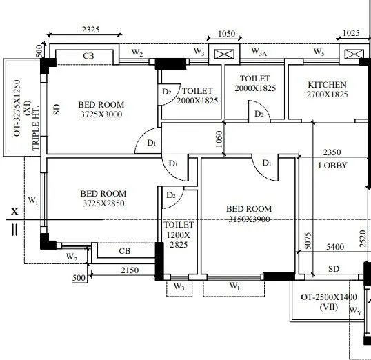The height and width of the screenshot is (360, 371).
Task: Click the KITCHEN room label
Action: [327, 85]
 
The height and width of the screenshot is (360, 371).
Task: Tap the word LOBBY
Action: [332, 166]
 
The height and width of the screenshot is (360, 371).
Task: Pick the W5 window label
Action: [319, 52]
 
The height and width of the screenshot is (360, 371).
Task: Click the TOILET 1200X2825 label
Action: [179, 235]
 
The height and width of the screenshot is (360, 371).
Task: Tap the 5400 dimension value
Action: [334, 246]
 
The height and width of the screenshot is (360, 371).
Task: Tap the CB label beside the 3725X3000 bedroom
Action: [89, 56]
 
